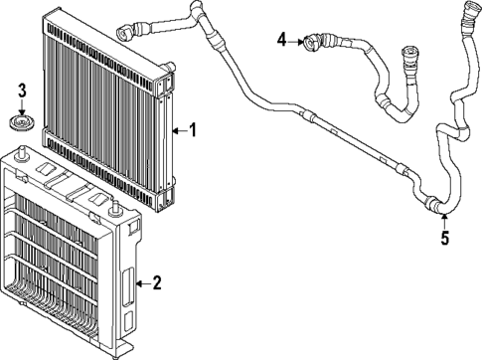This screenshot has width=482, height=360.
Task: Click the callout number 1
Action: [193, 129]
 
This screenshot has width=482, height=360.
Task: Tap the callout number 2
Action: [156, 283]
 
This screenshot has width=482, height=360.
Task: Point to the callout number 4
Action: [282, 40]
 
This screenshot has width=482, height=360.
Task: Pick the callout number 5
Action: [444, 238]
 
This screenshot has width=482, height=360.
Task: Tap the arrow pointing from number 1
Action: [179, 129]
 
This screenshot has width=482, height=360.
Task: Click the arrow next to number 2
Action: [142, 283]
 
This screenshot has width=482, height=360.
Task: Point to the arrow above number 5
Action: [443, 220]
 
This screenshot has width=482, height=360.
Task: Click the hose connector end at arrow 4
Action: [316, 42]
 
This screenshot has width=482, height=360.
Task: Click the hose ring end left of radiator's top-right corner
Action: [126, 29]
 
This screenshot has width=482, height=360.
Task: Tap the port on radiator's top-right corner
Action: [169, 71]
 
